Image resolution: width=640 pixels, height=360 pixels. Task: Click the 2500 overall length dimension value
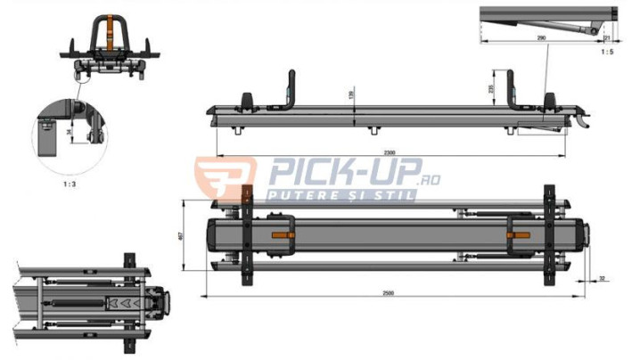point(390,292)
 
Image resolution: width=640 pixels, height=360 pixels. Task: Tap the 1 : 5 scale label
point(606,52)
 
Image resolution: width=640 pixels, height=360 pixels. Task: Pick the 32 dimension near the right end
point(603,279)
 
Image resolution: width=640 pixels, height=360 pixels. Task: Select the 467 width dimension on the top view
point(184,235)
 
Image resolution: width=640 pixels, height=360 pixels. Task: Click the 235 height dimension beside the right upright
point(492,88)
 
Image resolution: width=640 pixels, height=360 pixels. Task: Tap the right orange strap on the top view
point(519,235)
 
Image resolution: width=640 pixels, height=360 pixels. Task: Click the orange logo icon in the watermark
point(223,176)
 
